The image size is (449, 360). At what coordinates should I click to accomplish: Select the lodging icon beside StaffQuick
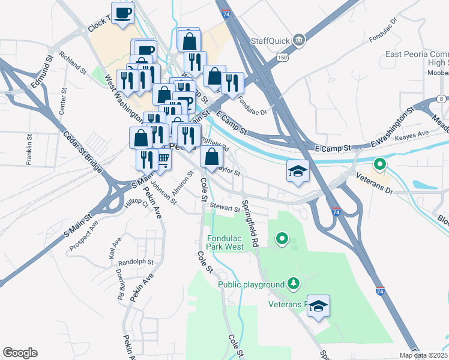pos(298,40)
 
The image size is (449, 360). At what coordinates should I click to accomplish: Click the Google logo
pos(20,353)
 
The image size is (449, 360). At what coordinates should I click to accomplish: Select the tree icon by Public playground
pos(293,283)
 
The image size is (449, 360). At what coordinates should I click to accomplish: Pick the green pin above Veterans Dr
pos(379,163)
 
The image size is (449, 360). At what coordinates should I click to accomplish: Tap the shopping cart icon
pos(163,160)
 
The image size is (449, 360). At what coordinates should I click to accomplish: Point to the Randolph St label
pos(136,262)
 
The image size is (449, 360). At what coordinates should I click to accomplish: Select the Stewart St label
pos(224,207)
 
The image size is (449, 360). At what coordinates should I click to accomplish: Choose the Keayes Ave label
pos(414,133)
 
